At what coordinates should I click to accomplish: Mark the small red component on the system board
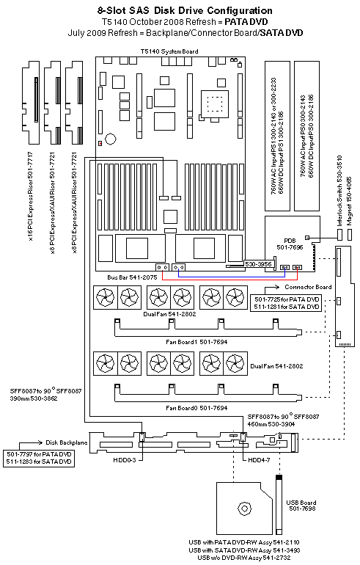coord(100,144)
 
